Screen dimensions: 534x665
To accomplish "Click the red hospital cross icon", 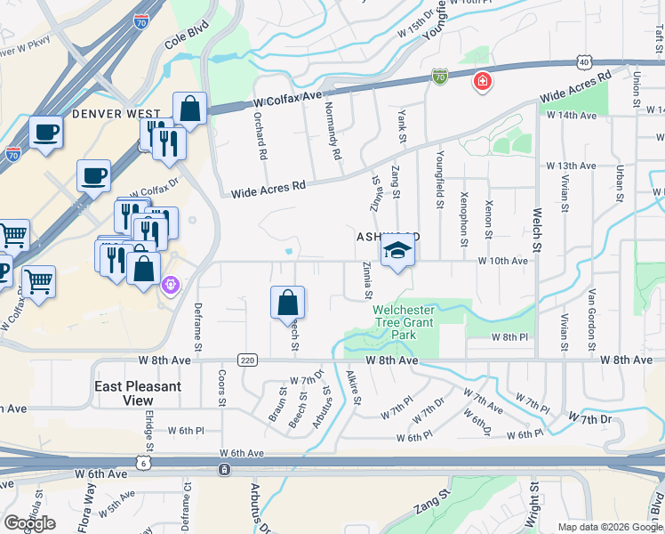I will point(483,82).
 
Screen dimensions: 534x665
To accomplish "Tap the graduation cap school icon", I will point(397,253).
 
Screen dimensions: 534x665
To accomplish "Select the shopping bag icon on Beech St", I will point(288,303).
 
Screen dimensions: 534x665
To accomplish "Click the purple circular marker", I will point(171,286).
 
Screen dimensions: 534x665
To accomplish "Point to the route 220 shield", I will point(247,360).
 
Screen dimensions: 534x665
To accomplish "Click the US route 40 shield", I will point(583,61).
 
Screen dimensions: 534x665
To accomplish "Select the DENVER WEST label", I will point(116,114).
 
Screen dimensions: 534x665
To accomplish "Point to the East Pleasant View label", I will point(138,393).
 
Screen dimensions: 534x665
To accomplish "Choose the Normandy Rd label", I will point(333,131).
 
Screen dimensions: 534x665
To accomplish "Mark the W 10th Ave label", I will point(502,261).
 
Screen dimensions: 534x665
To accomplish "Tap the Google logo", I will point(29,523).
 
